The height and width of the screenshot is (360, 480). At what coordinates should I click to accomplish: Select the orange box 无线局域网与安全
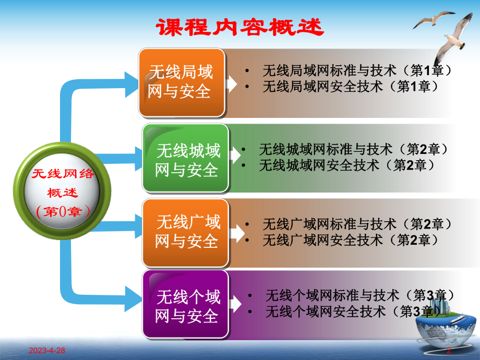tap(181, 82)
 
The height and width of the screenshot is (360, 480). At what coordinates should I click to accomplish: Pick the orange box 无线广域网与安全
tap(185, 232)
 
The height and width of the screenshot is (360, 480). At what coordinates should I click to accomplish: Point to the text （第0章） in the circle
tap(63, 211)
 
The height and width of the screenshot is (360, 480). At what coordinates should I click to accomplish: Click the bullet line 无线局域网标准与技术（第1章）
tap(356, 70)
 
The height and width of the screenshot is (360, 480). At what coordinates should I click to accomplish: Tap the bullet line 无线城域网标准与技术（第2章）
tap(354, 150)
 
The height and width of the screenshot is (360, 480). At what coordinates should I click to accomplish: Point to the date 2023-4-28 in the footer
tap(37, 352)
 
